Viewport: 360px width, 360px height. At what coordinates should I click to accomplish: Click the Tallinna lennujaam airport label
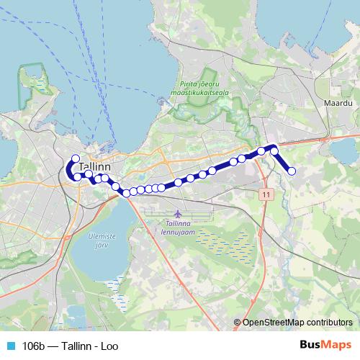point(177,227)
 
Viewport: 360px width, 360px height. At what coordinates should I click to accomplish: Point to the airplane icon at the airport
point(177,214)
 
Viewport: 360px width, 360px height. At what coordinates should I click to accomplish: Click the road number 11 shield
point(266,194)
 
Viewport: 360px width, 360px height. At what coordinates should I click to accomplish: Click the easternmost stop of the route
point(292,171)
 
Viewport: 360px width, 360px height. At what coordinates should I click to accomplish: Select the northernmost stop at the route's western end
point(75,158)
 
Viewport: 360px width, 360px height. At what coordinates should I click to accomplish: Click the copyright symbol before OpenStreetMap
point(237,323)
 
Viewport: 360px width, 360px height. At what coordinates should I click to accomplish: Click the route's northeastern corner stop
point(274,149)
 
